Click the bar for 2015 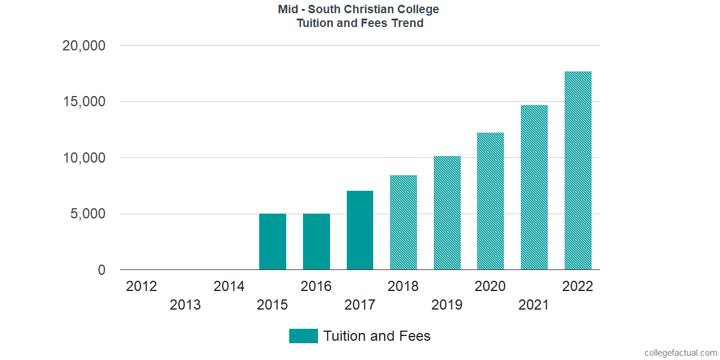[272, 242]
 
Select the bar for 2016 [316, 242]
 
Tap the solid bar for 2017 [360, 230]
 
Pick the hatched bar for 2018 [403, 223]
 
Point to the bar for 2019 [447, 213]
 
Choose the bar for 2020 [490, 201]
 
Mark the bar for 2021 [534, 187]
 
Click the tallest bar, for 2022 [578, 170]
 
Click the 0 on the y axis [101, 271]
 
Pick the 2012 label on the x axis [142, 286]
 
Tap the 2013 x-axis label [185, 305]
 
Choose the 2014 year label [229, 286]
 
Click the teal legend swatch [303, 336]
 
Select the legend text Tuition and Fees [377, 336]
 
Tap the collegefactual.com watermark [680, 353]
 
